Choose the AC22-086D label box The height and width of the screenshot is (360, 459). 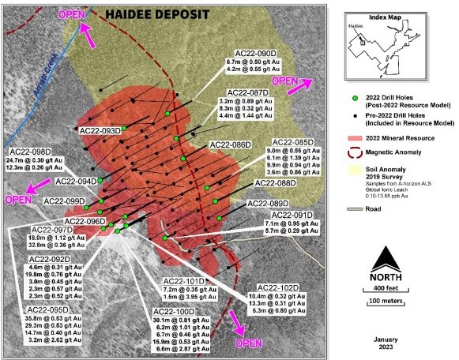pos(228,145)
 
